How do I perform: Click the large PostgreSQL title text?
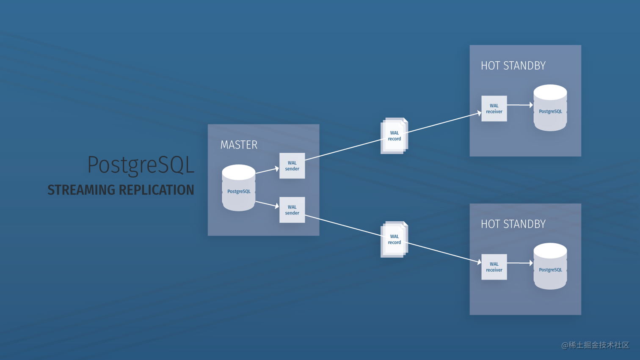141,165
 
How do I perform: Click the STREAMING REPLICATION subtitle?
121,190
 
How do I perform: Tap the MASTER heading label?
239,145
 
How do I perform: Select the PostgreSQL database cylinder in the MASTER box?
239,188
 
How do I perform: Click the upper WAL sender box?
292,166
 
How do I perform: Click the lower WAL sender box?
292,210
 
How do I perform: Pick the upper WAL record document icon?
394,136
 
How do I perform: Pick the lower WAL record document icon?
394,239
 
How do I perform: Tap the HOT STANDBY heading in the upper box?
513,66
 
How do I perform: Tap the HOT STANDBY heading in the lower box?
513,224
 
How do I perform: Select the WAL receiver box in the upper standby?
494,109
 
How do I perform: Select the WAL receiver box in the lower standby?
494,267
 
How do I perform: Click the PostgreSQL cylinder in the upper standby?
550,108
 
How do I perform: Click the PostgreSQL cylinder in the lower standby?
550,266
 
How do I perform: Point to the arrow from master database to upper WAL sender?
267,170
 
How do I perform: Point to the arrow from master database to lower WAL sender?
267,204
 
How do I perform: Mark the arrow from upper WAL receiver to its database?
520,104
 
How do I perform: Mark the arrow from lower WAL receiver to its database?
520,263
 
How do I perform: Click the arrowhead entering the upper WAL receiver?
479,113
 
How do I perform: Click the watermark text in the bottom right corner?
595,345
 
